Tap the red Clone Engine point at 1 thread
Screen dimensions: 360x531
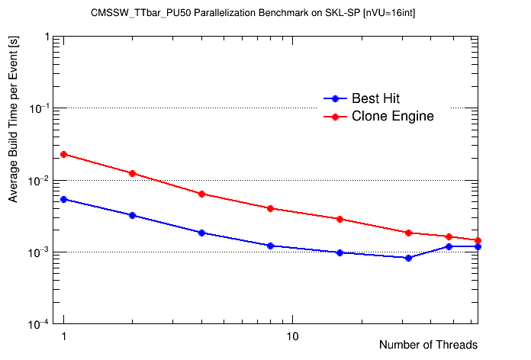tap(64, 154)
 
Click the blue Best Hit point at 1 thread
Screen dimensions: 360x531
tap(64, 199)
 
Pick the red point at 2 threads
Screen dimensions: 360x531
tap(133, 173)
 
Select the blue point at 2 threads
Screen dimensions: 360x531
tap(133, 215)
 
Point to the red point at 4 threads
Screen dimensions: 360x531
tap(201, 194)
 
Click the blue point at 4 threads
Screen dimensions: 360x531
tap(201, 233)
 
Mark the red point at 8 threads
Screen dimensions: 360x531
tap(271, 208)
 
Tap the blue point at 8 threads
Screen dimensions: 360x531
tap(271, 246)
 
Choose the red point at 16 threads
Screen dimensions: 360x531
tap(340, 219)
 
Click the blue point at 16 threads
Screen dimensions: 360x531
tap(340, 252)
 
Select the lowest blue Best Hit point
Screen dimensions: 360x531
tap(409, 258)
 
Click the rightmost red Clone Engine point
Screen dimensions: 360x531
tap(478, 240)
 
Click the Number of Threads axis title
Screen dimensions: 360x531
tap(428, 345)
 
